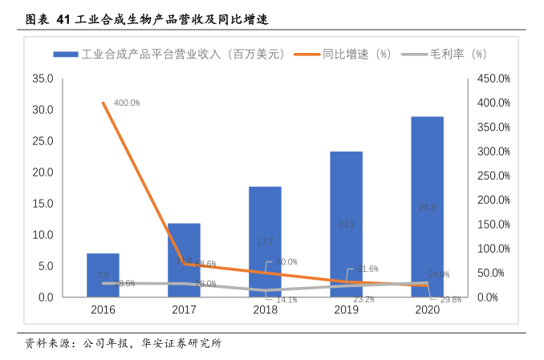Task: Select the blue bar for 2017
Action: pos(184,260)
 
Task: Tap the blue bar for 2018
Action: pos(265,241)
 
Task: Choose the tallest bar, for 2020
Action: pos(427,207)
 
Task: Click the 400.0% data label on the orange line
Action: pos(127,103)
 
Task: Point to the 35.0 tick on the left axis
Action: pos(42,79)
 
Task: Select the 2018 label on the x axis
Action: pos(265,309)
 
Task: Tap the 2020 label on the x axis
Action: pos(427,309)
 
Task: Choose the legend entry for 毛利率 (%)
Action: pos(457,54)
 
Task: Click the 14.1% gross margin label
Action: pos(286,300)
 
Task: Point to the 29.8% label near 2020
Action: pos(451,300)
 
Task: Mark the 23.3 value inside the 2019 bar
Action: pos(346,225)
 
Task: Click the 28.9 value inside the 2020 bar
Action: pos(427,207)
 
